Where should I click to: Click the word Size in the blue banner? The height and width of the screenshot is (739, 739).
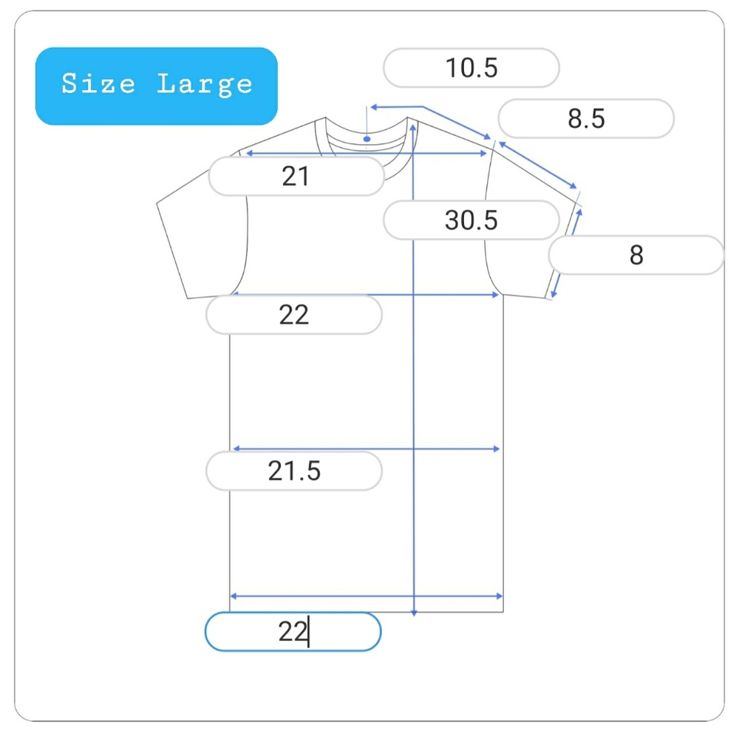click(x=98, y=84)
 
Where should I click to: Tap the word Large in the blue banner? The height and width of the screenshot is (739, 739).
click(x=205, y=85)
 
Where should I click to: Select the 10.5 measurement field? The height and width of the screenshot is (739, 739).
click(x=471, y=68)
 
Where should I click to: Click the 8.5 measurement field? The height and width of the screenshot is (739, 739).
click(x=586, y=118)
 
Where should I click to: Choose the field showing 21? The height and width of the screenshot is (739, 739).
click(x=296, y=177)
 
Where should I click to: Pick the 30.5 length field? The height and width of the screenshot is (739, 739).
click(x=471, y=220)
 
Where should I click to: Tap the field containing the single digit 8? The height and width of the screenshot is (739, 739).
click(x=636, y=255)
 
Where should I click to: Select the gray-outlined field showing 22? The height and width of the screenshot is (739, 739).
click(x=293, y=314)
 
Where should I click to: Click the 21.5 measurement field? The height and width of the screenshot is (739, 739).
click(x=293, y=471)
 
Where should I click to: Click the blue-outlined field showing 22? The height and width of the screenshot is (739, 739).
click(x=293, y=632)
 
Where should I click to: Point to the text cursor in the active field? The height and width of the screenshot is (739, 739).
click(x=308, y=632)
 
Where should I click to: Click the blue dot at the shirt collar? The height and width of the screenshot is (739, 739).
click(x=367, y=139)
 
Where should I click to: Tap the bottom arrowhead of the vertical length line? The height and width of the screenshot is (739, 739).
click(x=414, y=613)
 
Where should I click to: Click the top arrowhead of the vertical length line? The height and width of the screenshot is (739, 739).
click(x=413, y=127)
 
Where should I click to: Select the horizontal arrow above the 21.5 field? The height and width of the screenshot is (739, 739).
click(x=367, y=449)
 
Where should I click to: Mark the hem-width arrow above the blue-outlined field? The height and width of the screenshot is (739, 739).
click(x=367, y=596)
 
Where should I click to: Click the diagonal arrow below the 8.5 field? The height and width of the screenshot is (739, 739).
click(x=538, y=165)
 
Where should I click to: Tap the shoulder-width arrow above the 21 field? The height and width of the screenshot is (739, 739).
click(x=367, y=153)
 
